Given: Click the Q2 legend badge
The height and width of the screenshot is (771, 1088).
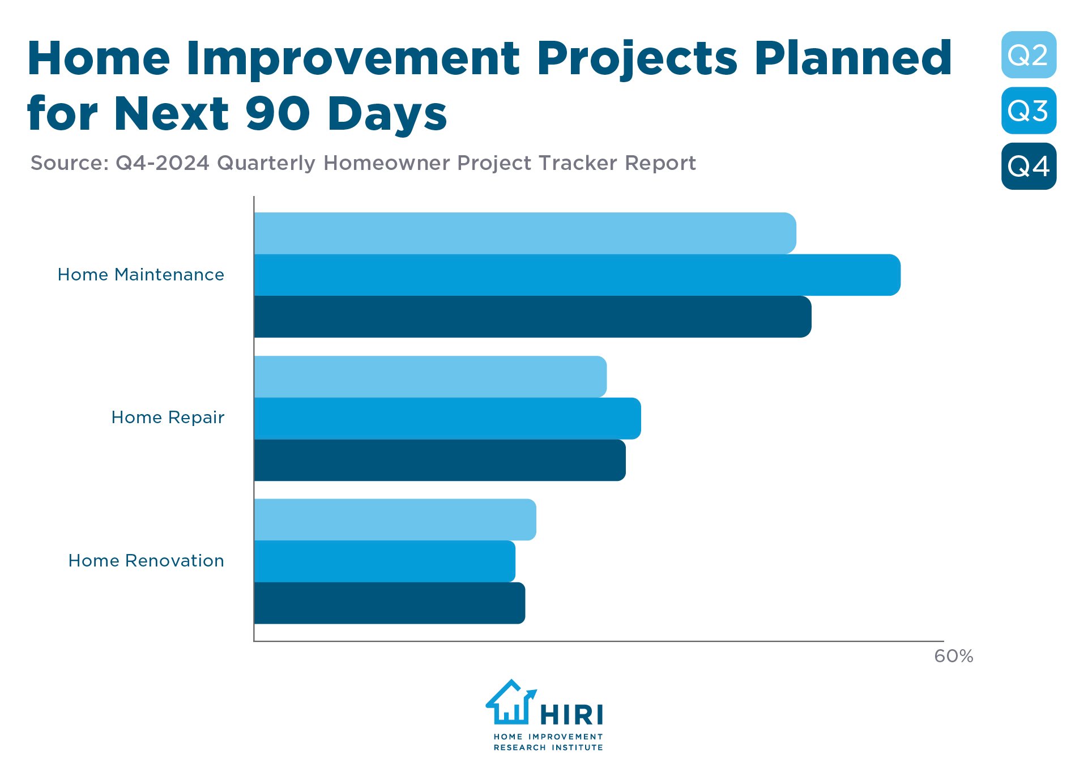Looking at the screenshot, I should point(1028,55).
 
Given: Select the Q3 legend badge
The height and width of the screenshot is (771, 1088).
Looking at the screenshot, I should point(1028,110).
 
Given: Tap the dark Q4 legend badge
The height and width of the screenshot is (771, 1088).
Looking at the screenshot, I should point(1028,166).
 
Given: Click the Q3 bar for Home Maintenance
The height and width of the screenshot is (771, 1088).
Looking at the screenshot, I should point(577,275).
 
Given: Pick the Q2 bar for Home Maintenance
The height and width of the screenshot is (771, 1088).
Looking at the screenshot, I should point(524,233).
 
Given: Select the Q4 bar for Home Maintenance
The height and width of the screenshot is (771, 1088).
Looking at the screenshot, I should point(532,317).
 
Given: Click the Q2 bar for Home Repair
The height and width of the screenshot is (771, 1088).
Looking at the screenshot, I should point(430,377).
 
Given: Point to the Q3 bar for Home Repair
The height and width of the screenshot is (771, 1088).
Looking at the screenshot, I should point(447,419).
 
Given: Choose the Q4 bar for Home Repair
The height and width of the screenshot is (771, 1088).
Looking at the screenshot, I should point(440,460).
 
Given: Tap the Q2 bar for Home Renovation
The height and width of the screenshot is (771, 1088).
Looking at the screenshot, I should point(395,519).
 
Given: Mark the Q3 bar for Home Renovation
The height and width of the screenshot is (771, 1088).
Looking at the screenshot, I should point(385,561).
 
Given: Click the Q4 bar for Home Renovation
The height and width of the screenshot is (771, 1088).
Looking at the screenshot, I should point(389,603).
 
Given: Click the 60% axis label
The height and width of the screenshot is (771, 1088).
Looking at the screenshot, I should point(953,656).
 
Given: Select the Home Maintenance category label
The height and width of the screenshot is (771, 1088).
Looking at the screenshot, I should point(141,275).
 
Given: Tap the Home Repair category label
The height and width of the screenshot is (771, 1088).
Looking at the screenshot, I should point(168,418).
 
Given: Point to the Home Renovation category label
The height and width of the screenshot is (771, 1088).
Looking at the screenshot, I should point(146,561).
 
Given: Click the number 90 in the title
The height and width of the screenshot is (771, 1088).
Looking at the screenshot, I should point(278,113).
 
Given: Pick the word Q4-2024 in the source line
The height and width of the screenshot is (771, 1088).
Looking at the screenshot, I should point(163,163).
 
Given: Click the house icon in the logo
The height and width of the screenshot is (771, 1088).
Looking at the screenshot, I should point(510,702).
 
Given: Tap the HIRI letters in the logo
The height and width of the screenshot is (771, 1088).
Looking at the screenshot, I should point(572,715).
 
